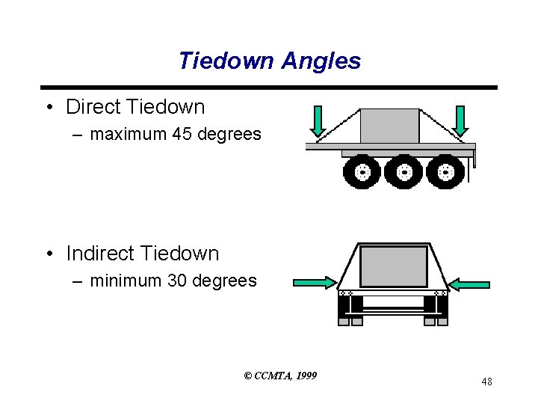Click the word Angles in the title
(321, 61)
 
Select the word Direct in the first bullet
(95, 107)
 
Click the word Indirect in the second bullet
(102, 254)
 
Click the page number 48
(486, 382)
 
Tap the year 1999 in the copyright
(306, 375)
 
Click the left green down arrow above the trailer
(319, 121)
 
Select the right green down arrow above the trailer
(460, 121)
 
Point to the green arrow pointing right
(315, 282)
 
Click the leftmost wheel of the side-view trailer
(362, 172)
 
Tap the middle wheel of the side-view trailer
(403, 172)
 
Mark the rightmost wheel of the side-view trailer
(445, 172)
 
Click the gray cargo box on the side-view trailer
(389, 126)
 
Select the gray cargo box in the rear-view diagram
(394, 266)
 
